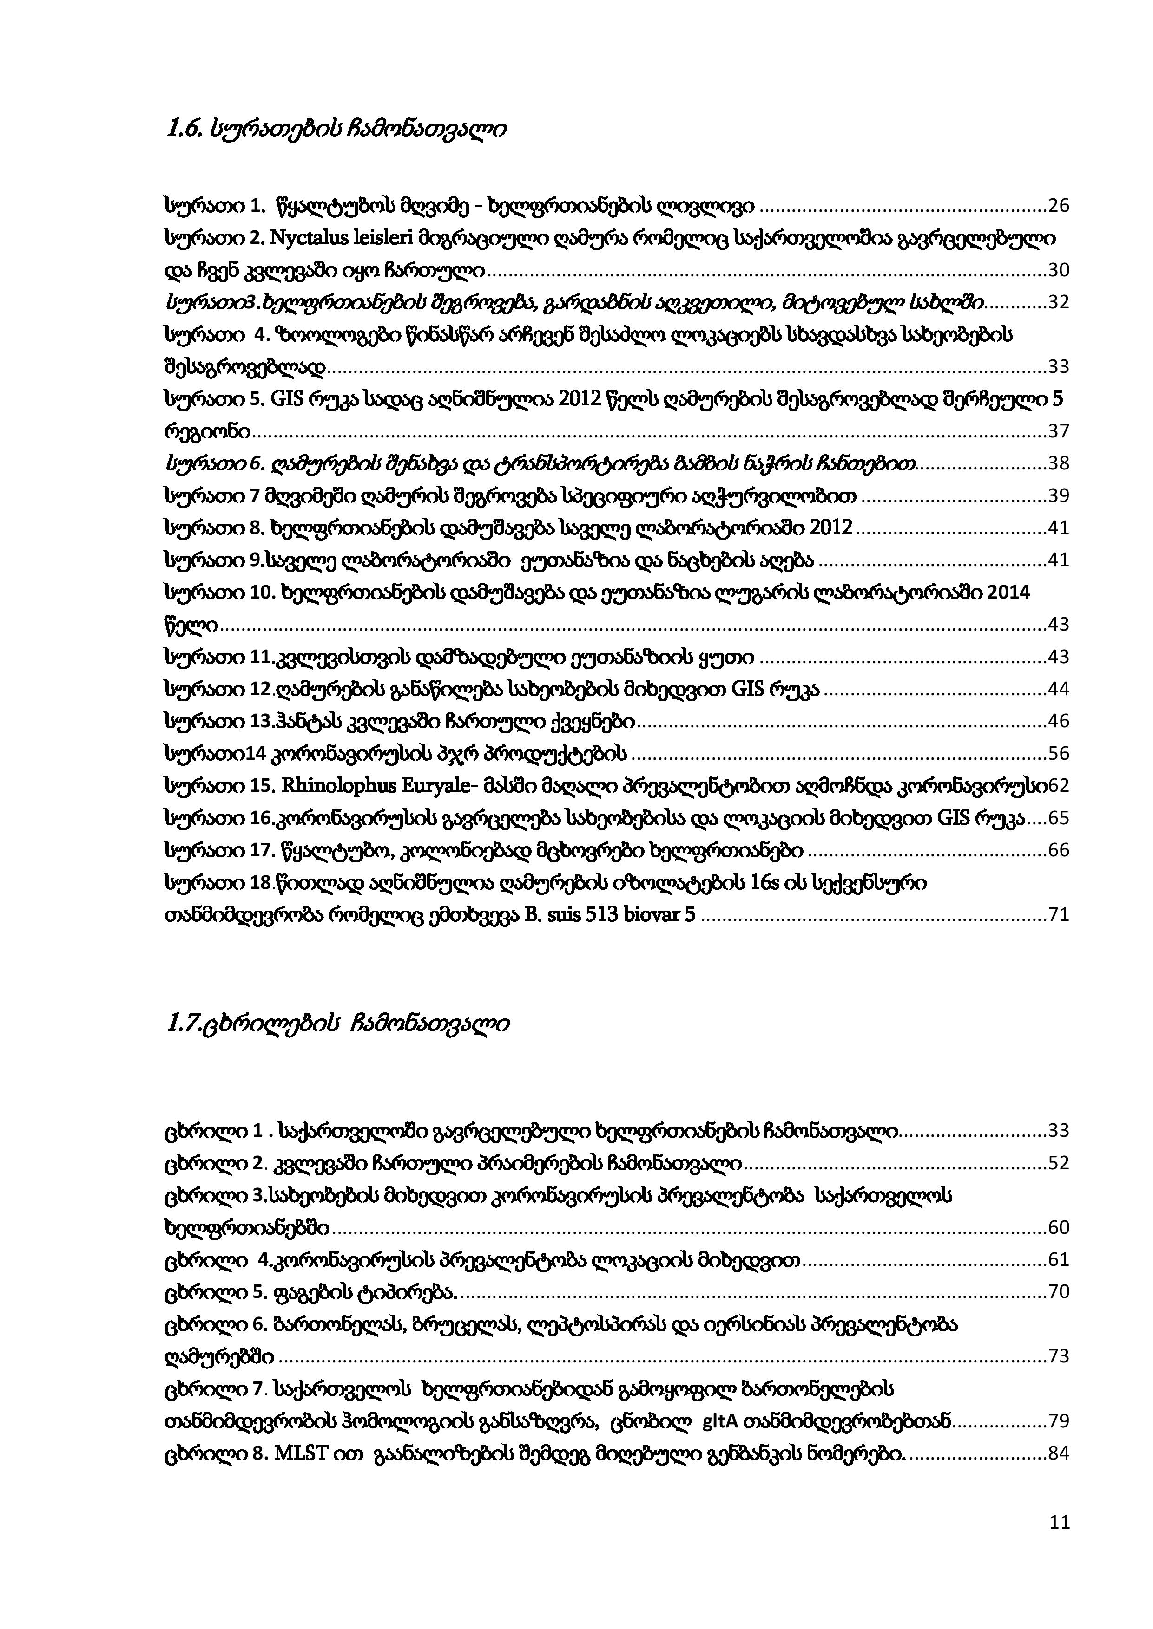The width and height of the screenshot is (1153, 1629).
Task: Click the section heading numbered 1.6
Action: pos(335,130)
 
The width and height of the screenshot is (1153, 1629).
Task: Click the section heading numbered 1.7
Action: pos(336,1024)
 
